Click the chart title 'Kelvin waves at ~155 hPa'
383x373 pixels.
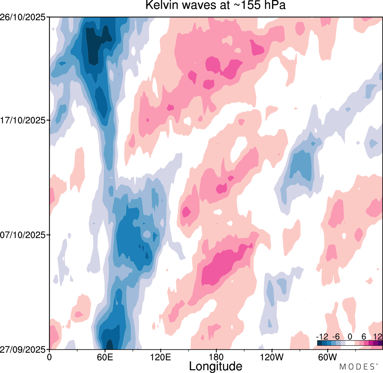click(215, 5)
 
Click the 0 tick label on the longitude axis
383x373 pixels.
click(49, 357)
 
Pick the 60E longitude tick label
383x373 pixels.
click(105, 357)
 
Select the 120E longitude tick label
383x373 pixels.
click(161, 357)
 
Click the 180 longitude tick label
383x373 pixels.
click(216, 357)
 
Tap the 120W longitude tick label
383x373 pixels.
click(272, 357)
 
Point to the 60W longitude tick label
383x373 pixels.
click(327, 357)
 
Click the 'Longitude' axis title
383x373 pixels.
click(215, 366)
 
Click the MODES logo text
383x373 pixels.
click(357, 367)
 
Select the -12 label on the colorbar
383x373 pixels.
click(322, 337)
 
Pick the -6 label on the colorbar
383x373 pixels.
click(336, 337)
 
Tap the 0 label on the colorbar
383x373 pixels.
click(350, 337)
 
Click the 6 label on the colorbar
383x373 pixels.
click(364, 337)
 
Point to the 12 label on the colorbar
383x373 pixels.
click(378, 337)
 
